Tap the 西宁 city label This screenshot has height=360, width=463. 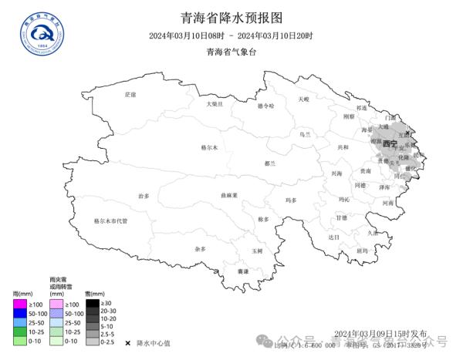[x=390, y=144]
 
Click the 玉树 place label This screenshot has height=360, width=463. [x=257, y=251]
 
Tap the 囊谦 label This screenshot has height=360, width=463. [x=243, y=271]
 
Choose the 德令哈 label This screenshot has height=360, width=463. [x=265, y=106]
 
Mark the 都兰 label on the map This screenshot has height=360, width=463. [x=269, y=163]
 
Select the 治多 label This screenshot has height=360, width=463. [x=144, y=197]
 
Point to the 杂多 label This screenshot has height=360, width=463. [x=201, y=249]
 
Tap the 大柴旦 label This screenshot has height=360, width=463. [x=215, y=103]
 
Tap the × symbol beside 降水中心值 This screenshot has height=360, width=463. [x=127, y=341]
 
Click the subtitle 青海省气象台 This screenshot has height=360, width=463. [x=231, y=52]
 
